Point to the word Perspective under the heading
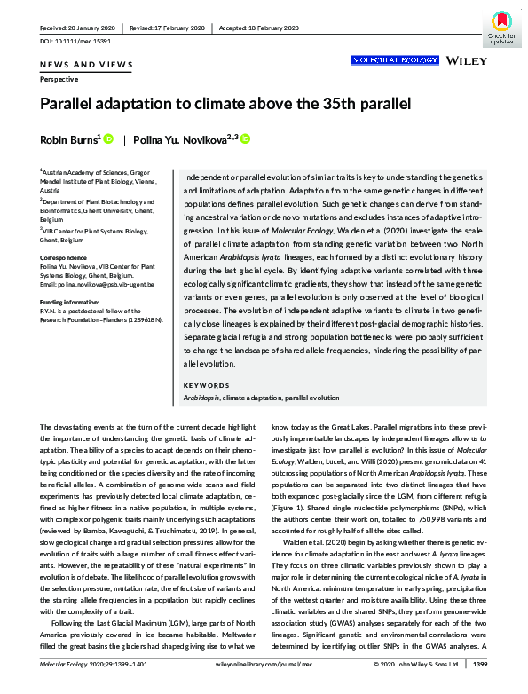[59, 80]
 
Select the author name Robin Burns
[69, 139]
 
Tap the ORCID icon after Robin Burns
[109, 139]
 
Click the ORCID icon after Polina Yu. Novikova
[246, 139]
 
